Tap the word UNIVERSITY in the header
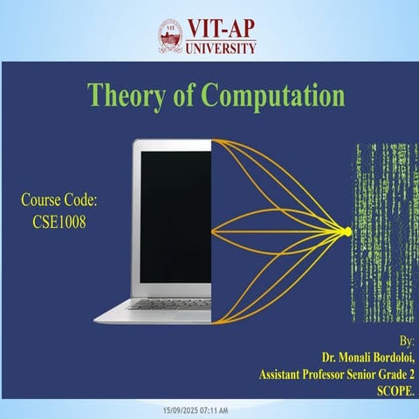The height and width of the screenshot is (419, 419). click(221, 48)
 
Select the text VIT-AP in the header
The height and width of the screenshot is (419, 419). click(221, 30)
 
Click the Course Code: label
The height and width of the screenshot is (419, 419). click(58, 202)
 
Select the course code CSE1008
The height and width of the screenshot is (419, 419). click(58, 221)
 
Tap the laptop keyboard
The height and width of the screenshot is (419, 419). click(171, 304)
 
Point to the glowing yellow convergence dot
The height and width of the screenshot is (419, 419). click(347, 231)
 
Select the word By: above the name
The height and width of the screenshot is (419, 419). click(406, 340)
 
